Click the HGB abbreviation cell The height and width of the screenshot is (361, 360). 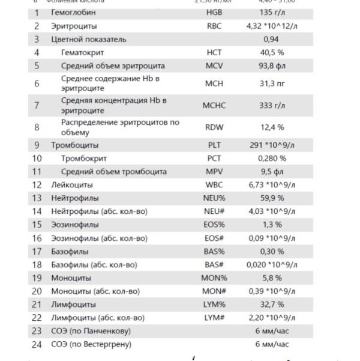214,13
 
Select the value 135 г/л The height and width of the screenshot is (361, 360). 271,13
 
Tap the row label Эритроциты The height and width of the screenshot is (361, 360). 74,26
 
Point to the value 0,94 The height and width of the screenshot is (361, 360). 271,39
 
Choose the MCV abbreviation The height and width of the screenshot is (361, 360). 214,65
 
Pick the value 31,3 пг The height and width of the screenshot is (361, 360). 271,83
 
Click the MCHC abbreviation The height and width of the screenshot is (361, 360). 214,106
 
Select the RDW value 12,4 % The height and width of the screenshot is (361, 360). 271,127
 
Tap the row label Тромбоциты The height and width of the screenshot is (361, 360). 75,145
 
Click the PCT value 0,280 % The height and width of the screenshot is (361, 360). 271,158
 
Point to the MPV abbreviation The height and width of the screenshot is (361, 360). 214,171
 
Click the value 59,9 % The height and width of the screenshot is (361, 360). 271,198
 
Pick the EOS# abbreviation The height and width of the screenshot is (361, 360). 214,238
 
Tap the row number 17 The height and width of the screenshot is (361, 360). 37,251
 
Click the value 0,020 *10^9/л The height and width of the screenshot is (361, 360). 271,264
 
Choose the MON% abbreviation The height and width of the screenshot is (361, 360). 214,278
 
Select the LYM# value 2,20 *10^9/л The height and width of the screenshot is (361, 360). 271,317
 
